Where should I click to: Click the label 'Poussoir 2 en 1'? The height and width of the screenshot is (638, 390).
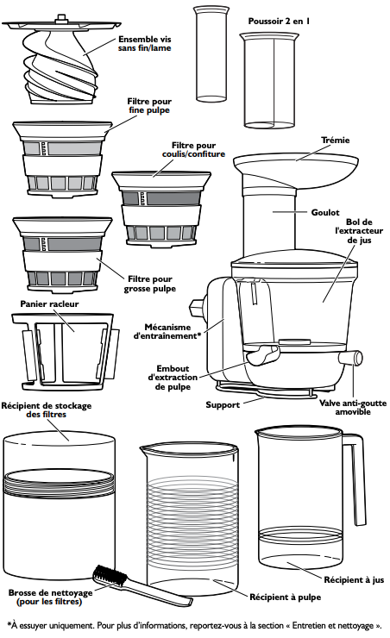pyautogui.click(x=279, y=22)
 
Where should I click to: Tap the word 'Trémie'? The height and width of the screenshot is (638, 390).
pyautogui.click(x=335, y=141)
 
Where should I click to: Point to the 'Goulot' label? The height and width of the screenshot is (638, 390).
pyautogui.click(x=325, y=212)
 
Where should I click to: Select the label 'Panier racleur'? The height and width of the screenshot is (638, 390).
pyautogui.click(x=49, y=304)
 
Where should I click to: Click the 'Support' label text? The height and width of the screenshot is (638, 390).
pyautogui.click(x=223, y=405)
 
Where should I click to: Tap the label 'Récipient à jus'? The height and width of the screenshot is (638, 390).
pyautogui.click(x=354, y=580)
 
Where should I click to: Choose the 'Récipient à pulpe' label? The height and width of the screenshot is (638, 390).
pyautogui.click(x=285, y=597)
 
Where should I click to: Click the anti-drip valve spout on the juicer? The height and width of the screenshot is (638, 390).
pyautogui.click(x=351, y=358)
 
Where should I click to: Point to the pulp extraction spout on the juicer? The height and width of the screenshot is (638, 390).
pyautogui.click(x=261, y=355)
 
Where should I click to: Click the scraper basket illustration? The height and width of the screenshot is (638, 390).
pyautogui.click(x=66, y=350)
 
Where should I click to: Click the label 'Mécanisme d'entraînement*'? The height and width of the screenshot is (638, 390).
pyautogui.click(x=167, y=332)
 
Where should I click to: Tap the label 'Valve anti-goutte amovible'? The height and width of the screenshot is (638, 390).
pyautogui.click(x=353, y=407)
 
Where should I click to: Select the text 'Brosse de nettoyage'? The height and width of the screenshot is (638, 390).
pyautogui.click(x=51, y=592)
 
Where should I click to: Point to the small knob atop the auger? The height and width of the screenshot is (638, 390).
pyautogui.click(x=61, y=17)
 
